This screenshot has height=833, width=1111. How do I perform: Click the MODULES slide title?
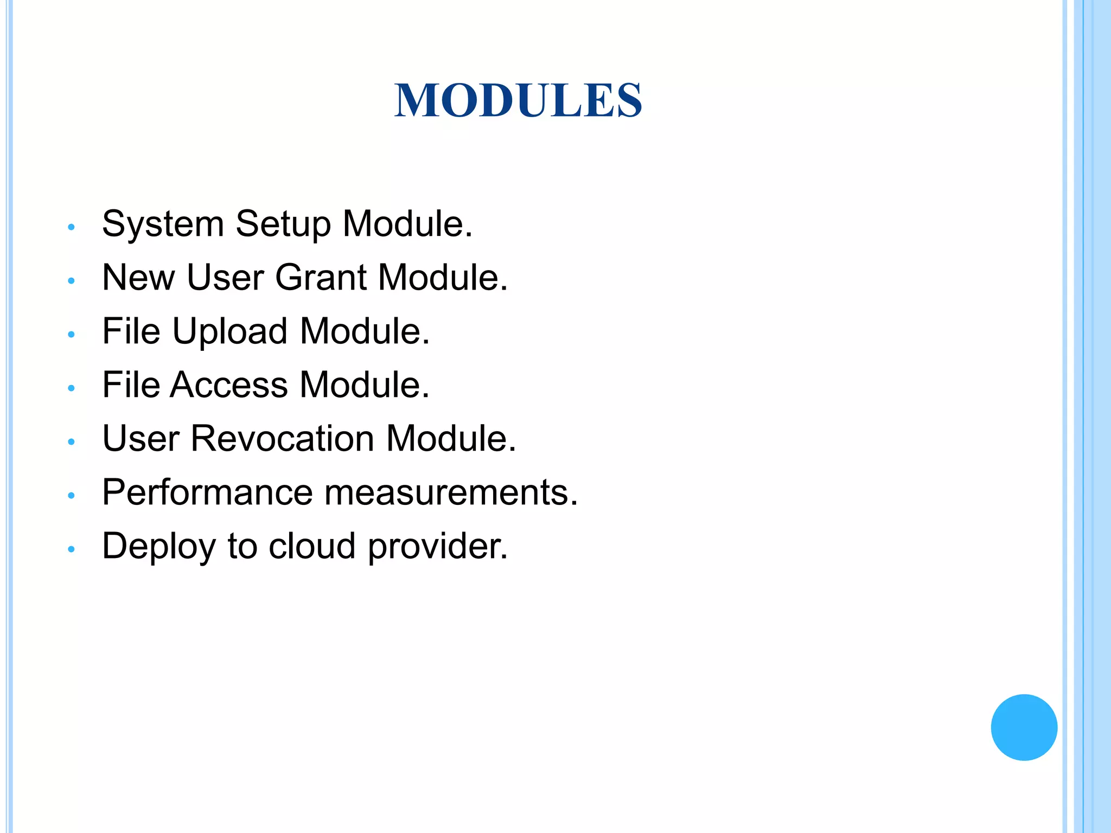tap(518, 100)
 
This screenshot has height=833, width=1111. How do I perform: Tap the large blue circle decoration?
tap(1024, 727)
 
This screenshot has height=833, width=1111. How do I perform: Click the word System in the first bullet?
tap(163, 224)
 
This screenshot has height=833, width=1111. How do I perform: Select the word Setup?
tap(283, 224)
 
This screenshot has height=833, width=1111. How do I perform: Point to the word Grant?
tap(321, 278)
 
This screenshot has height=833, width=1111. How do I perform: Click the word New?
tap(138, 278)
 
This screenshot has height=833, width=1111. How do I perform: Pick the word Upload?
tap(229, 331)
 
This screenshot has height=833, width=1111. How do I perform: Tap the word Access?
tap(229, 385)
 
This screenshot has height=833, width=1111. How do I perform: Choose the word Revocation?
tap(282, 438)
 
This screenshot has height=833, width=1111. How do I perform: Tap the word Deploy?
tap(159, 546)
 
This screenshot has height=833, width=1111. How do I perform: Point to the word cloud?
tap(312, 546)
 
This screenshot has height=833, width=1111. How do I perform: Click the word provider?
tap(437, 546)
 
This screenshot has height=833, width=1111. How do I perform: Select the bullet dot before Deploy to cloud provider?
tap(71, 549)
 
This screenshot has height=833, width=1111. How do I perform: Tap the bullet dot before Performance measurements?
tap(71, 496)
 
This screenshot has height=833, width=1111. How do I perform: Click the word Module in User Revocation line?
tap(450, 438)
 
